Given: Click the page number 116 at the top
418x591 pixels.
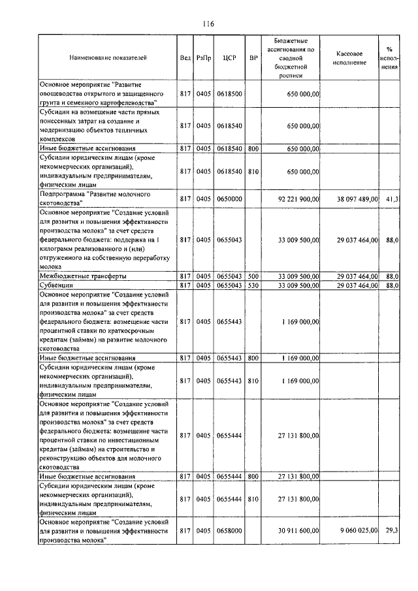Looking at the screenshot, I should tap(208, 24).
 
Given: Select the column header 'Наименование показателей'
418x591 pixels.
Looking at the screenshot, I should tap(108, 57).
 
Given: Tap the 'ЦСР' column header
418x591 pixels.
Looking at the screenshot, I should tap(229, 57).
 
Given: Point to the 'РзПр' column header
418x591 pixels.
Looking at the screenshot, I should tap(204, 57).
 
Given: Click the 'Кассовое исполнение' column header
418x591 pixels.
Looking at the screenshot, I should tap(354, 57).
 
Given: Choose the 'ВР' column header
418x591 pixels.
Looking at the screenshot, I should tap(253, 57).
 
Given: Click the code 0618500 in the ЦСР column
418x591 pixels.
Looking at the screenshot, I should tap(229, 94).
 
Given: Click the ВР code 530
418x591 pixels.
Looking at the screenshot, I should tap(253, 285).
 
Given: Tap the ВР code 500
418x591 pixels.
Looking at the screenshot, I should tap(253, 277).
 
